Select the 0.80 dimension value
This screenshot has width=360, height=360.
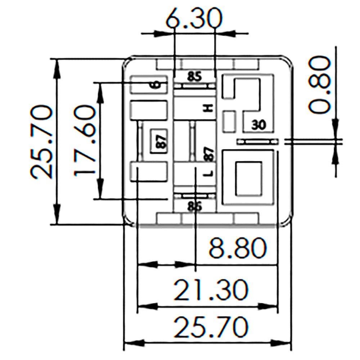(320, 85)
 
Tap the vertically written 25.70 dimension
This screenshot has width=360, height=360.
(42, 141)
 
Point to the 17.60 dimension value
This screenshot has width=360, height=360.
(85, 140)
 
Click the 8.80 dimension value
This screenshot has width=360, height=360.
(238, 248)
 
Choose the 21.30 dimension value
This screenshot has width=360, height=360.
(211, 291)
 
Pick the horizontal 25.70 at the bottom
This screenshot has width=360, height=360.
(211, 327)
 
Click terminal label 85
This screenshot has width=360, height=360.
(194, 76)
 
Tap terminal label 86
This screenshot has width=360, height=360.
(194, 206)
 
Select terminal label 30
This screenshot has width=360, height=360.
(258, 125)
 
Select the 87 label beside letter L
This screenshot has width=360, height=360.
(209, 154)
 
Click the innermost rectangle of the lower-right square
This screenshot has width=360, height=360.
(248, 179)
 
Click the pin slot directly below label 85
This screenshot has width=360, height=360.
(194, 86)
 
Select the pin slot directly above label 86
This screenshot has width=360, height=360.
(194, 196)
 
